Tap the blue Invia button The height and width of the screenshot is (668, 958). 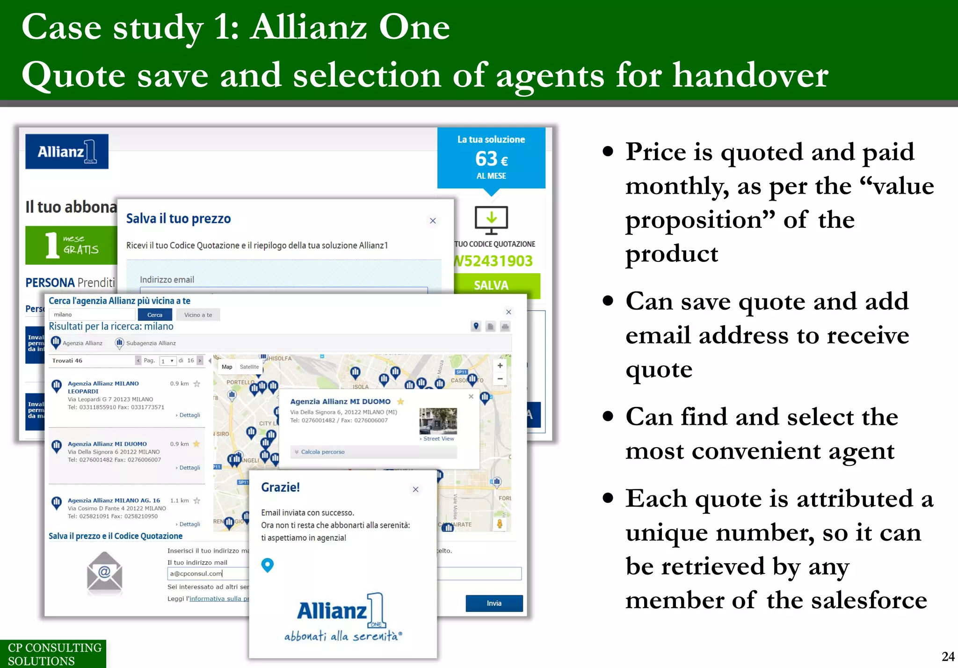tap(494, 603)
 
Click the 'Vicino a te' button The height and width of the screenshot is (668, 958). tap(198, 315)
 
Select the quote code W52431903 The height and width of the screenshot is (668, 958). tap(494, 261)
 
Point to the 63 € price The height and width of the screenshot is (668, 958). tap(491, 159)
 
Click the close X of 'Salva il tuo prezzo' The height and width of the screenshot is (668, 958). tap(433, 221)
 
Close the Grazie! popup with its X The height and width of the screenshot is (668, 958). tap(415, 489)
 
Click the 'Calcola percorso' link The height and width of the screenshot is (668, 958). tap(322, 452)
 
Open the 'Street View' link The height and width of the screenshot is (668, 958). tap(438, 439)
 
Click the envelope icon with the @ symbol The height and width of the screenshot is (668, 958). tap(104, 572)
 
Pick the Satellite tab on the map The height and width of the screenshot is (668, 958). tap(249, 367)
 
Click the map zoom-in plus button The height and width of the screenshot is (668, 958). tap(500, 366)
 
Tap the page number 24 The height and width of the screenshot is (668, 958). tap(948, 656)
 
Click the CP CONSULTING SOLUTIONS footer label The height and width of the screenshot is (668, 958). tap(54, 654)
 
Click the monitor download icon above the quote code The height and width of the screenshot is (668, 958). tap(491, 219)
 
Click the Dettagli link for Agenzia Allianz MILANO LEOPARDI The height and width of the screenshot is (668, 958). tap(189, 415)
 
